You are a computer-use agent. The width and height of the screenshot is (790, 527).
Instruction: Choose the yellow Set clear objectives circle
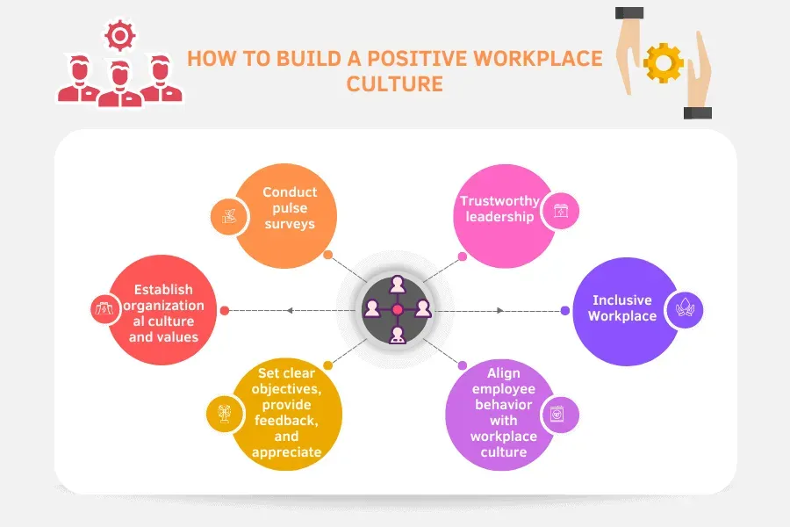coord(287,414)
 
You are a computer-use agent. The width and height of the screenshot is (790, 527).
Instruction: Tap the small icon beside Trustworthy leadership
coord(559,211)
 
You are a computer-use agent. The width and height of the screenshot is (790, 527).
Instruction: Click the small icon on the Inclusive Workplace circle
coord(684,308)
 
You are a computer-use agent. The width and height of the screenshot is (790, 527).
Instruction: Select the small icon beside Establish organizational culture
coord(104,309)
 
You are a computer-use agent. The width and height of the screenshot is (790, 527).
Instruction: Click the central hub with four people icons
coord(397,309)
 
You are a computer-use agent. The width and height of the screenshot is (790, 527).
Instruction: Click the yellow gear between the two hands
coord(664,62)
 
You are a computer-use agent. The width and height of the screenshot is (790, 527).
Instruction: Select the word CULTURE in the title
coord(395,84)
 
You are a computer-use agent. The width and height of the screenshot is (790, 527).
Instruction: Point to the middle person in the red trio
coord(119,82)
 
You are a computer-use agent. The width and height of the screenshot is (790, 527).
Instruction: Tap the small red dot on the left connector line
coord(225,310)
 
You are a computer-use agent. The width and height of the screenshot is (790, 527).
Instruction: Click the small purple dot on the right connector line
coord(565,310)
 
